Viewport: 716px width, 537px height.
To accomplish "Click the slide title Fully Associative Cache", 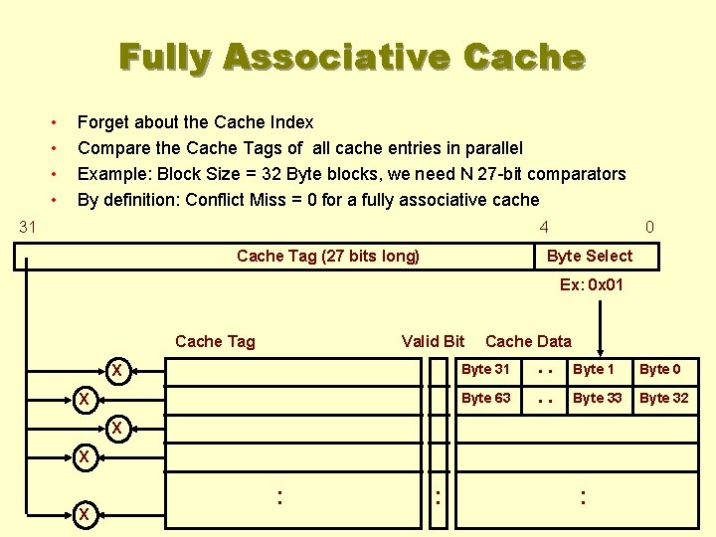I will [351, 57].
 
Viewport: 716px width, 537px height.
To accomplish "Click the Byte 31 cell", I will [485, 370].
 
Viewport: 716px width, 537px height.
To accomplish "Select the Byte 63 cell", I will [485, 398].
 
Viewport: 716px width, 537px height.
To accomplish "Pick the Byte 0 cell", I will [660, 370].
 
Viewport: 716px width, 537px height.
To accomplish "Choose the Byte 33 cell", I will [596, 398].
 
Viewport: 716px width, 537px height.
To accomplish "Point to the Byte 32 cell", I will [663, 398].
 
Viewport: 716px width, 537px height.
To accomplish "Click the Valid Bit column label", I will [433, 341].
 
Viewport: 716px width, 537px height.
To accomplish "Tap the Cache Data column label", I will [528, 341].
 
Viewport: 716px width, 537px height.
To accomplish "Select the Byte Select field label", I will [589, 256].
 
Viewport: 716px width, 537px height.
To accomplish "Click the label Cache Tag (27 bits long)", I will [328, 256].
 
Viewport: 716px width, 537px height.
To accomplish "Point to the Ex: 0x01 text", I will [592, 284].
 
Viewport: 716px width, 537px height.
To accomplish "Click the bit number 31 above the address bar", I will [28, 227].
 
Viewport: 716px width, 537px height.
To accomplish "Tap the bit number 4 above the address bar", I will [544, 227].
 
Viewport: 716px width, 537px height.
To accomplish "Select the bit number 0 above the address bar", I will [649, 227].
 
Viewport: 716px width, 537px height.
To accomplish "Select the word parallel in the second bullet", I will [487, 148].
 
